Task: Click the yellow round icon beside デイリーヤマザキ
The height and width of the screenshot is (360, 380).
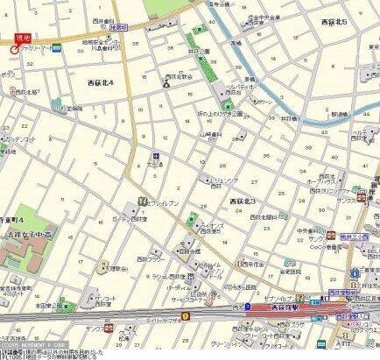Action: pyautogui.click(x=185, y=316)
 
